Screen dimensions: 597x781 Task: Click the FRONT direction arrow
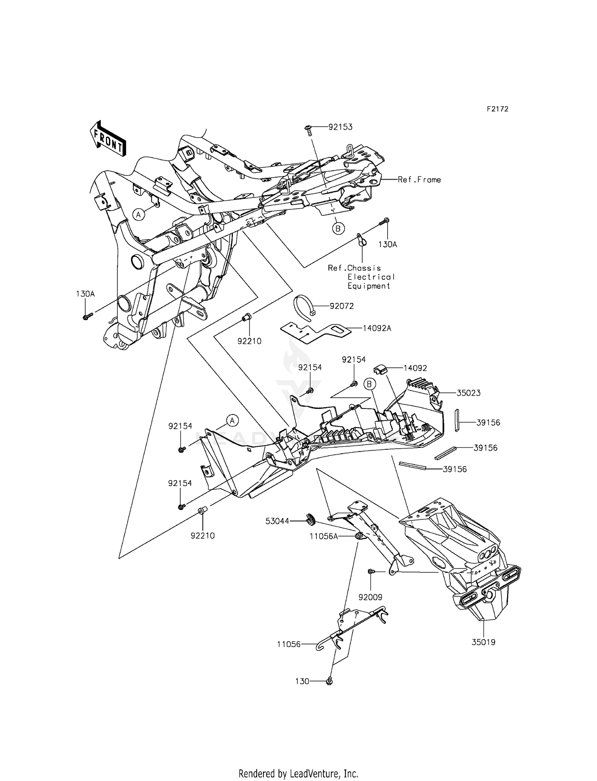[x=108, y=138]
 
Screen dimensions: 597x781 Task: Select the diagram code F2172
[x=497, y=109]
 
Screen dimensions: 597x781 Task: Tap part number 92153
[x=340, y=127]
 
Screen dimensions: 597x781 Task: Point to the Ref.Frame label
[x=419, y=180]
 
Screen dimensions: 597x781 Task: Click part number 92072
[x=341, y=306]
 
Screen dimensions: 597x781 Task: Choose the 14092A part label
[x=377, y=328]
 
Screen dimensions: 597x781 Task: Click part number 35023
[x=468, y=393]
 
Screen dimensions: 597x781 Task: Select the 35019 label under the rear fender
[x=484, y=642]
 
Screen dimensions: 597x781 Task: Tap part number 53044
[x=277, y=521]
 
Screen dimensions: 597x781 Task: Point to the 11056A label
[x=324, y=537]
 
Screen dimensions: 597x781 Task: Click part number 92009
[x=370, y=597]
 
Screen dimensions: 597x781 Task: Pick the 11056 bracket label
[x=289, y=644]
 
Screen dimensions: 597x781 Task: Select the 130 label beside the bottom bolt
[x=302, y=681]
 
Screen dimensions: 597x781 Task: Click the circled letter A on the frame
[x=139, y=215]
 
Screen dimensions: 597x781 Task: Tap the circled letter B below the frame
[x=338, y=228]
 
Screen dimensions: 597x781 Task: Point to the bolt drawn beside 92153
[x=309, y=129]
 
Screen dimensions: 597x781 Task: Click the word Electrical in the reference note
[x=371, y=277]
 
